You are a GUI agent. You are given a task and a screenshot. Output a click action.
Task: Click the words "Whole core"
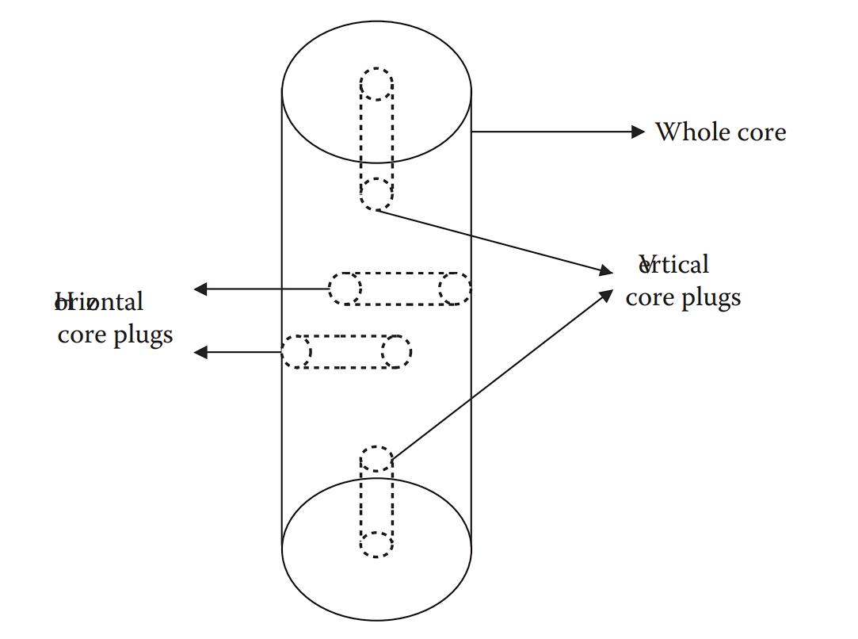pos(720,132)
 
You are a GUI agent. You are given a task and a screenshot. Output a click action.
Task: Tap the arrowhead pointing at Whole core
pos(638,132)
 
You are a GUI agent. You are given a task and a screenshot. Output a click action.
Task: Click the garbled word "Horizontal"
pos(99,302)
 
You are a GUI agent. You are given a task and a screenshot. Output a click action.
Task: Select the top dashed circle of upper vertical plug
pos(376,84)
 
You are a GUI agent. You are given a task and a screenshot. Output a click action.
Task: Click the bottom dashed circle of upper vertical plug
pos(376,194)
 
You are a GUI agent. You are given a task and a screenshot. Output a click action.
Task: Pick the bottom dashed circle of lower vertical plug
pos(376,545)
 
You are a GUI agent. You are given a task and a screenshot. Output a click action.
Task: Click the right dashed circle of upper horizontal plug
pos(454,289)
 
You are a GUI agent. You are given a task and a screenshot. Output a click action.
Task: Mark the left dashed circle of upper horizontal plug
pos(345,289)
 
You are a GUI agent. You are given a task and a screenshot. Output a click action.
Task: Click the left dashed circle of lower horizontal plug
pos(296,351)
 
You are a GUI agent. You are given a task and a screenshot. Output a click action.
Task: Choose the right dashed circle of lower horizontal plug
pos(396,351)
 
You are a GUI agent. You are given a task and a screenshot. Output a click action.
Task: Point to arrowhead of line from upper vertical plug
pos(606,271)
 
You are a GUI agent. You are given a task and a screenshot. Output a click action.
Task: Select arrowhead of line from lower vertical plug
pos(606,294)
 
